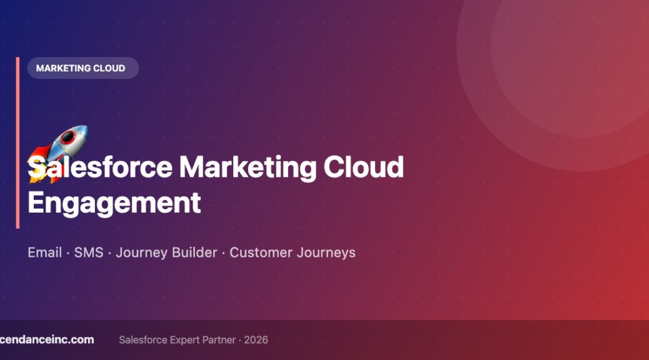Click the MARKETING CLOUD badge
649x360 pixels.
tap(81, 68)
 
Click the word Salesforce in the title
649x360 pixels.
tap(100, 167)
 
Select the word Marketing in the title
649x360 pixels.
tap(247, 167)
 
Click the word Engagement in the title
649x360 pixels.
tap(114, 203)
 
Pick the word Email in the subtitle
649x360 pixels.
tap(44, 252)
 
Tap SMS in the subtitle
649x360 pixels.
tap(88, 252)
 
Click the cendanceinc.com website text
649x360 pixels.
tap(47, 339)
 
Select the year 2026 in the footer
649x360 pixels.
tap(256, 340)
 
